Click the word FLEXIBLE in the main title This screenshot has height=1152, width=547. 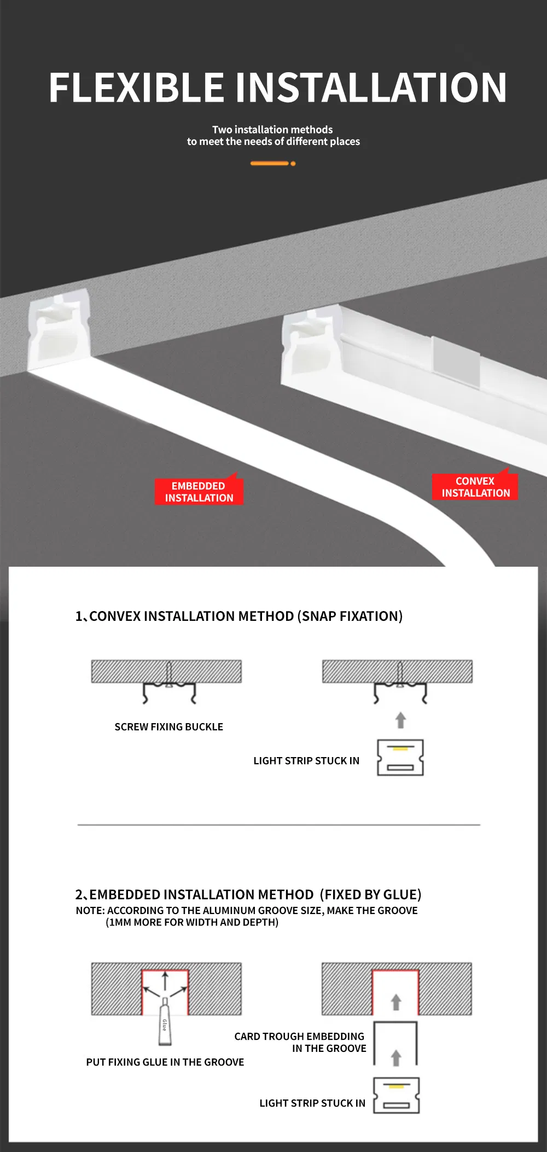(x=137, y=88)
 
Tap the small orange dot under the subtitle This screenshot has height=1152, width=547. (x=293, y=164)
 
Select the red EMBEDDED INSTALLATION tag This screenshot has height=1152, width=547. (x=199, y=491)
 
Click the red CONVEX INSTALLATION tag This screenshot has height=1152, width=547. (x=475, y=486)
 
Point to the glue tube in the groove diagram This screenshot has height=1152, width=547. (x=165, y=1021)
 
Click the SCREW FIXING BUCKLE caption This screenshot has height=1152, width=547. (x=168, y=727)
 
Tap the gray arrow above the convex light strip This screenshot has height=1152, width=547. (x=400, y=720)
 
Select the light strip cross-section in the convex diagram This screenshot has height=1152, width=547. (x=400, y=758)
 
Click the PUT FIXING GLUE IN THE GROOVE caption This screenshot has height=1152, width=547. (x=165, y=1062)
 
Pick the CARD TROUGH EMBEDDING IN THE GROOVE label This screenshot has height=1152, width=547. (x=300, y=1042)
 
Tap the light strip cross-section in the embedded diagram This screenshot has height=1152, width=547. (x=397, y=1095)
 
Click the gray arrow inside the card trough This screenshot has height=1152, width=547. (x=396, y=1058)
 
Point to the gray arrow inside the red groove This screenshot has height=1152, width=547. (x=396, y=1002)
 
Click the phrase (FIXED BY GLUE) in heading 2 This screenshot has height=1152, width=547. (x=371, y=894)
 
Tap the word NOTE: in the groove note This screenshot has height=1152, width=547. (x=90, y=910)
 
